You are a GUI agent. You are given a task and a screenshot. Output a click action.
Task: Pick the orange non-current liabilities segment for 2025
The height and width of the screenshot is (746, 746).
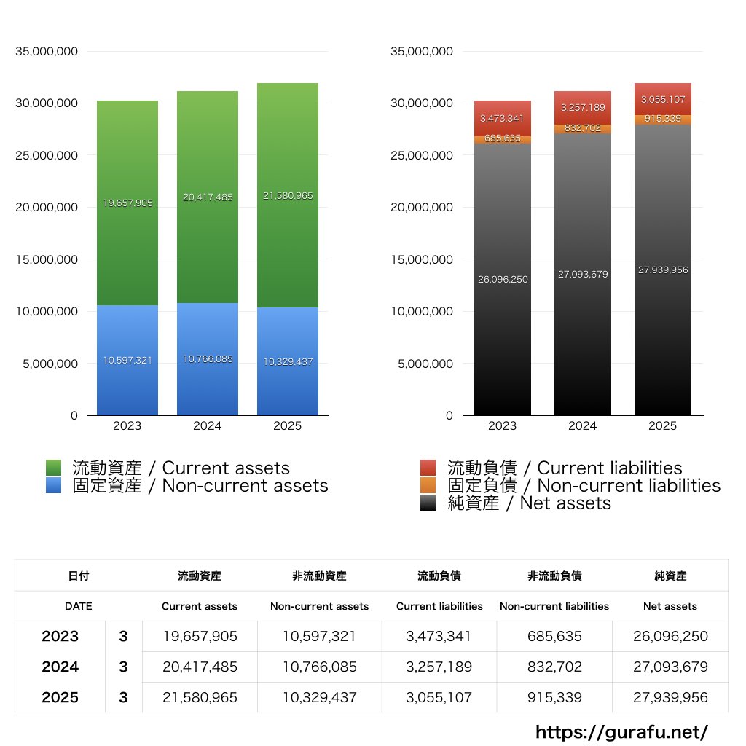tap(663, 119)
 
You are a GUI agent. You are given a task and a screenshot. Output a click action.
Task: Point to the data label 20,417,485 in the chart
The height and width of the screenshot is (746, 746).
tap(208, 197)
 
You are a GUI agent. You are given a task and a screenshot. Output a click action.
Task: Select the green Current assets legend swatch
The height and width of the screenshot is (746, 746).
tap(54, 468)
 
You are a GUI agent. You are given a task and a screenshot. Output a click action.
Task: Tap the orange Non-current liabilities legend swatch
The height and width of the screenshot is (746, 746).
tap(428, 485)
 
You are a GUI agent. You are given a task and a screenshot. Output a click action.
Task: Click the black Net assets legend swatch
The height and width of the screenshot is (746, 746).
tap(428, 503)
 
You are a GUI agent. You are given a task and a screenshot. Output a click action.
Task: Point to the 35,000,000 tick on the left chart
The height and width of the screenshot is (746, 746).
tap(47, 51)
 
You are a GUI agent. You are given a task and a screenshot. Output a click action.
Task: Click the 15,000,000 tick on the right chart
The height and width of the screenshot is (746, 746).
tap(422, 259)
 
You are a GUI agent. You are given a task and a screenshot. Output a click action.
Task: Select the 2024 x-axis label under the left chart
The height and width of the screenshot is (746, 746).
tap(208, 426)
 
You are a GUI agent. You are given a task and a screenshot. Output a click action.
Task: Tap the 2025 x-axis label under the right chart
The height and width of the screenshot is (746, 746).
tap(663, 426)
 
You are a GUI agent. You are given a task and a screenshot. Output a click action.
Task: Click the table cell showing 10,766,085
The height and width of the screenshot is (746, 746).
tap(319, 667)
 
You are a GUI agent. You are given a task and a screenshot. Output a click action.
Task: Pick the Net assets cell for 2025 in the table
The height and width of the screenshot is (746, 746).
tap(670, 697)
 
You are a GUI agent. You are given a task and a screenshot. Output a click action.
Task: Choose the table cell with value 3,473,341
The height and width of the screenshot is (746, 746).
tap(439, 636)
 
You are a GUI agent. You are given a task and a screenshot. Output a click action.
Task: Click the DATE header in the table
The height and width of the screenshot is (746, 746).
tap(79, 606)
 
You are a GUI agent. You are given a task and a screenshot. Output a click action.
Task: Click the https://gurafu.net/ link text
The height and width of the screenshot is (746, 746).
tap(621, 731)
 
